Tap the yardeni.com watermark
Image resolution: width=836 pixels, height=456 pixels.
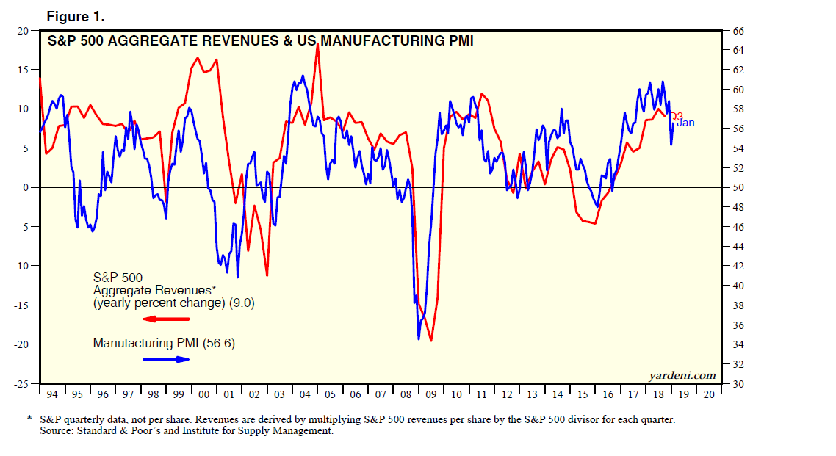(682, 375)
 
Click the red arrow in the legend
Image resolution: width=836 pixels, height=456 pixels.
(166, 319)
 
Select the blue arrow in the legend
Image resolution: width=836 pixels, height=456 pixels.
(166, 359)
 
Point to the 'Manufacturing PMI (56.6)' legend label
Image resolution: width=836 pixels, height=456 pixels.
(164, 343)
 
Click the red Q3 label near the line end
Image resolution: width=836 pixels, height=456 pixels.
(676, 116)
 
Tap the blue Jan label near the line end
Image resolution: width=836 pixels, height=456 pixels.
(685, 123)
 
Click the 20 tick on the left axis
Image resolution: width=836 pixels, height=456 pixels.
(22, 31)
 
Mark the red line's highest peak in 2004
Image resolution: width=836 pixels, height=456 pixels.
(317, 46)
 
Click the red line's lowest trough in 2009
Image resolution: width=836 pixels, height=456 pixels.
(431, 341)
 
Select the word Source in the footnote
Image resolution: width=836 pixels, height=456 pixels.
(57, 431)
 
